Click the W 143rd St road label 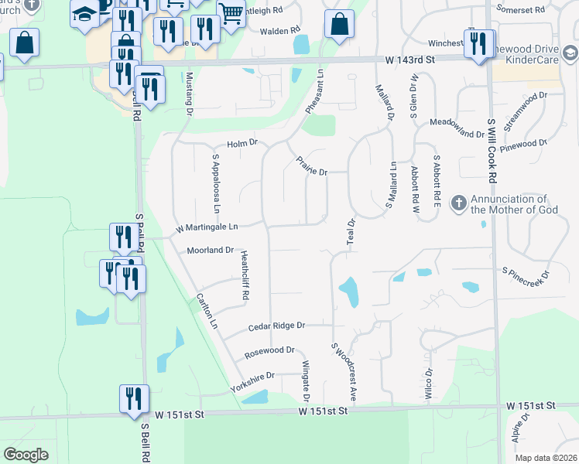click(412, 59)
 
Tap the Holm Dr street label click(242, 144)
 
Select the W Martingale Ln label click(207, 227)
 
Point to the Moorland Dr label click(210, 251)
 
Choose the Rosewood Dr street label click(269, 350)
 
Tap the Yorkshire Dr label click(253, 376)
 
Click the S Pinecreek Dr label click(526, 273)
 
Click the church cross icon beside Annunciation click(458, 203)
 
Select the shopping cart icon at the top click(230, 13)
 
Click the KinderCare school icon click(570, 53)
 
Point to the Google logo click(26, 455)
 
